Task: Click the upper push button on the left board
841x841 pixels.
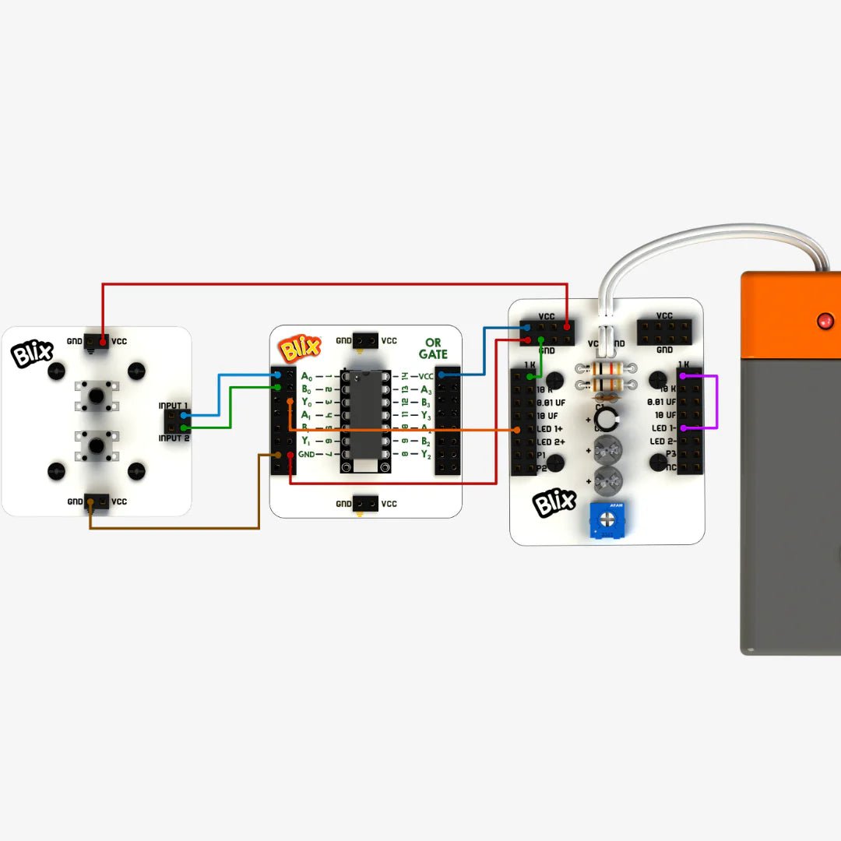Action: point(96,396)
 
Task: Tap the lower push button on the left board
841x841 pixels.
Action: point(96,445)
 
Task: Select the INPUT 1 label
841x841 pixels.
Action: point(173,406)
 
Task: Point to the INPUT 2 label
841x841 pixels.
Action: point(174,438)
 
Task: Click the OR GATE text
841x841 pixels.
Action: point(432,348)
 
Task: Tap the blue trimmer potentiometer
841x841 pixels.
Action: point(605,519)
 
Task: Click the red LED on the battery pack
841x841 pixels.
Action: point(824,320)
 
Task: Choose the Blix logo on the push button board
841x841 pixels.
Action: point(30,354)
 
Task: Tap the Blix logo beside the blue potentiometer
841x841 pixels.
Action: point(554,503)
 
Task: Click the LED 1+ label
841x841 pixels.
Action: point(551,429)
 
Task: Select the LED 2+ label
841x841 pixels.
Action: point(551,442)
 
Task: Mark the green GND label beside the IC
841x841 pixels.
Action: point(306,454)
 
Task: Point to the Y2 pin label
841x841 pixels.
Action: point(426,455)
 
